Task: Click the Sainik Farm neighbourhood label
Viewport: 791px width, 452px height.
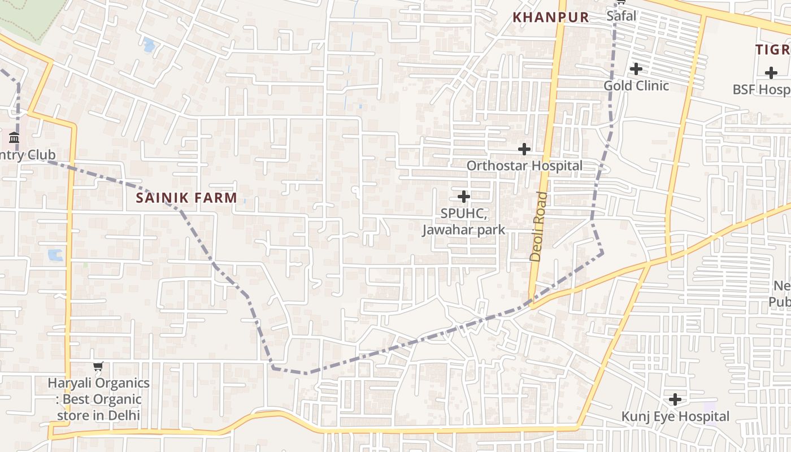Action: tap(186, 198)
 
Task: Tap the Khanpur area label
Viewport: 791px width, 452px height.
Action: tap(550, 18)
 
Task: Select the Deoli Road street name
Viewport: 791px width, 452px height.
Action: tap(539, 226)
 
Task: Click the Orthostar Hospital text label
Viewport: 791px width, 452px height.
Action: tap(524, 166)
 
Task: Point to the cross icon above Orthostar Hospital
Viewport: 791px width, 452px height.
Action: tap(524, 149)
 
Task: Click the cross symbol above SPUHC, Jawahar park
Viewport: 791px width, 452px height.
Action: tap(463, 197)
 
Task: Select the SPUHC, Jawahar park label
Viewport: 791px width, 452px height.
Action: tap(463, 222)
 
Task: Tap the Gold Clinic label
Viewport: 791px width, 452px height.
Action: tap(636, 86)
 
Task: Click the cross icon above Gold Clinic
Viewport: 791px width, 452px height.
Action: tap(636, 69)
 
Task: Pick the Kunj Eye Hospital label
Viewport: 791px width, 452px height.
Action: tap(675, 416)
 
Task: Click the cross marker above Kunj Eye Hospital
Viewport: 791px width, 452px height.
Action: tap(675, 400)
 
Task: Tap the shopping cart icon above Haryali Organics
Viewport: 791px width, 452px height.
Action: tap(98, 367)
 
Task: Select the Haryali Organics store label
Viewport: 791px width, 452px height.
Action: tap(98, 399)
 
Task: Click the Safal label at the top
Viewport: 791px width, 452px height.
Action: tap(621, 16)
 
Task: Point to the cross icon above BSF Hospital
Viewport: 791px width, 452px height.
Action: tap(771, 73)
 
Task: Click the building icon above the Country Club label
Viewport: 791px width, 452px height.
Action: tap(14, 138)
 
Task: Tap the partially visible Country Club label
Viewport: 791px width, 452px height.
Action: tap(28, 155)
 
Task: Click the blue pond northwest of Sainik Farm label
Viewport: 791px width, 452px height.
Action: tap(149, 45)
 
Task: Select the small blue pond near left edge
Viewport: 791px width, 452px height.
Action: tap(55, 255)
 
